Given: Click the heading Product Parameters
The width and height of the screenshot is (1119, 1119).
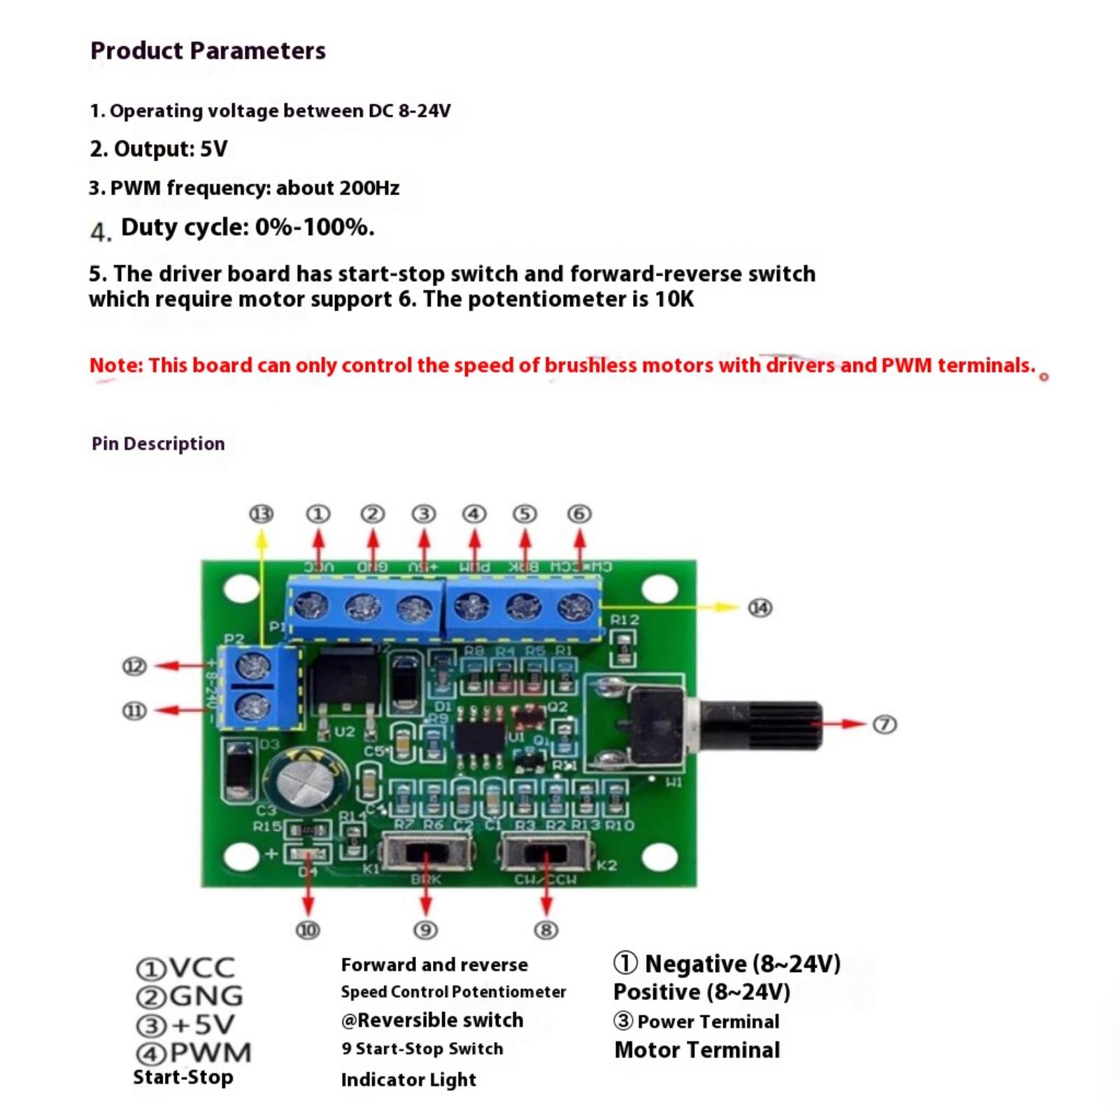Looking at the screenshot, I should click(208, 51).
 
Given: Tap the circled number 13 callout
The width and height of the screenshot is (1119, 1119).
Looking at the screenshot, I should click(261, 515).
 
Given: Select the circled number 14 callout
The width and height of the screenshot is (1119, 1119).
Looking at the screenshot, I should click(760, 608).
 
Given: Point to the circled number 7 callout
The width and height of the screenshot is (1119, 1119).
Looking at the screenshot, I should click(885, 725).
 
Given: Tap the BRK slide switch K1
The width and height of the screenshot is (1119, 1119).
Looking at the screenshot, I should click(426, 854).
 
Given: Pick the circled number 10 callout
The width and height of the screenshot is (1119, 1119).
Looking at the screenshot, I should click(308, 930).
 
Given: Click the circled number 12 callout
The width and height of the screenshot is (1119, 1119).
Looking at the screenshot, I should click(134, 667).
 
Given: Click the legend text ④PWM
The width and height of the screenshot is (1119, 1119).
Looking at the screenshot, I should click(194, 1053).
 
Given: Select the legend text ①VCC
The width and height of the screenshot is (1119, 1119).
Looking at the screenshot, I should click(185, 969).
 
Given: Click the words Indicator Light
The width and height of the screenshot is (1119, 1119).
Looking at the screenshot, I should click(408, 1080).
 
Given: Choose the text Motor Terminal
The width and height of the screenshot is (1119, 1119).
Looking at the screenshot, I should click(697, 1050).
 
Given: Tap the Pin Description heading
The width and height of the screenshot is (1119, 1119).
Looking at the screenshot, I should click(158, 443).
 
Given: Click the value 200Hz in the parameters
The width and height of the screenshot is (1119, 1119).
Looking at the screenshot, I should click(369, 188).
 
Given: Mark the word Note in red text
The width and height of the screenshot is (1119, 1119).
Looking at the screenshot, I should click(115, 365).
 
